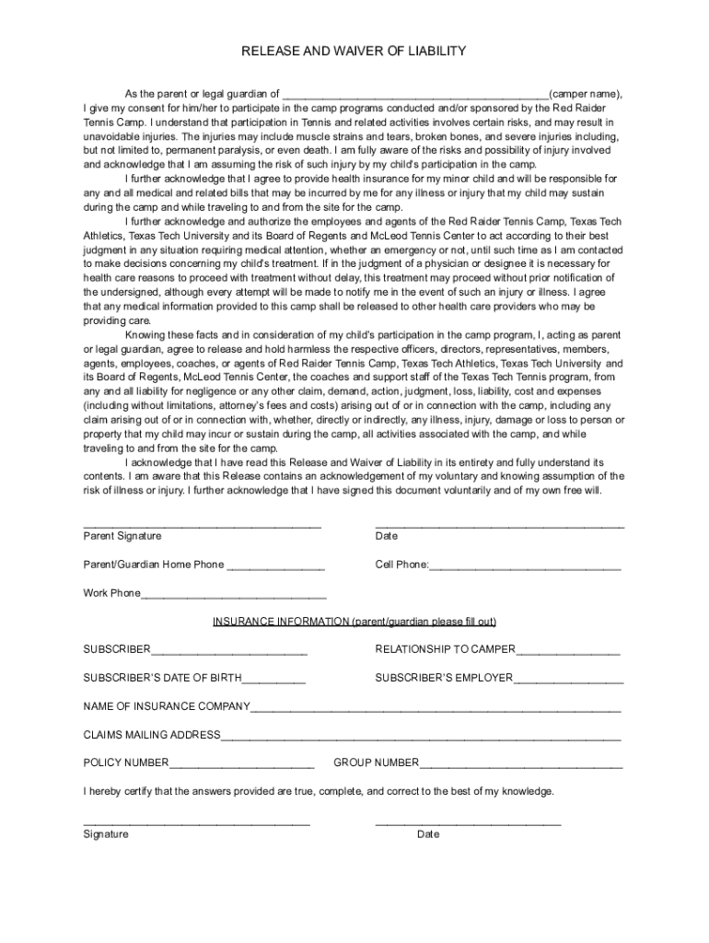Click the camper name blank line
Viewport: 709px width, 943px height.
coord(415,95)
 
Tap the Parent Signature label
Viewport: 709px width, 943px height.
coord(122,536)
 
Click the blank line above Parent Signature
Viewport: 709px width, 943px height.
coord(203,524)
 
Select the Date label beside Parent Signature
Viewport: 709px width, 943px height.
coord(387,536)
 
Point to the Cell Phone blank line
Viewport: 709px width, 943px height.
coord(525,566)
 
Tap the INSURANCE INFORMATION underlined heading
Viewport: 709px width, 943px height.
coord(354,622)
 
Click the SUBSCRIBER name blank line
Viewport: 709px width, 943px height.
coord(229,652)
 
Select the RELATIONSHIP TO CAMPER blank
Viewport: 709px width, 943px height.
coord(568,652)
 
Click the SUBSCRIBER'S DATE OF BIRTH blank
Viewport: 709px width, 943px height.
coord(273,681)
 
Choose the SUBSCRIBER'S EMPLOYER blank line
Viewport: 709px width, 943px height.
coord(568,681)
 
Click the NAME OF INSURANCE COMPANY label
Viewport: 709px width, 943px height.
coord(167,706)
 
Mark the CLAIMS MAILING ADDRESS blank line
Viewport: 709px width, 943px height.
coord(421,737)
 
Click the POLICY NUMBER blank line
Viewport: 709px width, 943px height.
coord(241,764)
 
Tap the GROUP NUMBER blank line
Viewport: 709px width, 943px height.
coord(521,764)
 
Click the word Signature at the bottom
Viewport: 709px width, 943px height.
coord(106,834)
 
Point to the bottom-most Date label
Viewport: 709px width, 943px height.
coord(428,834)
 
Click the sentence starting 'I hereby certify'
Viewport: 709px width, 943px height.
coord(319,791)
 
